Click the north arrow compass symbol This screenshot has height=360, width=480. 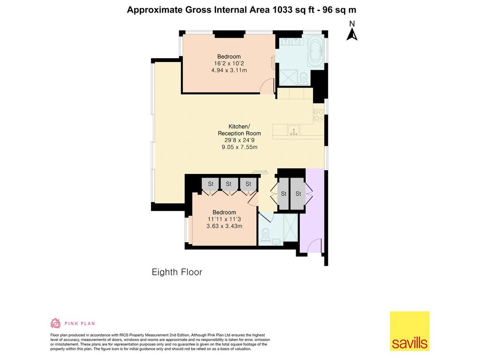(x=352, y=34)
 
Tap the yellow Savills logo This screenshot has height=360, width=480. (x=410, y=331)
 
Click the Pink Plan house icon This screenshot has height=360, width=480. (x=55, y=323)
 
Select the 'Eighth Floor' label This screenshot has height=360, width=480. (x=177, y=272)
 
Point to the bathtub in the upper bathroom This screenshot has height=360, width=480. (x=315, y=50)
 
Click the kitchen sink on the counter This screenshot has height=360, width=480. (x=293, y=130)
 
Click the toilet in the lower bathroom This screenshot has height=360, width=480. (x=265, y=234)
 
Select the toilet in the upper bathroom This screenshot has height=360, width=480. (x=304, y=78)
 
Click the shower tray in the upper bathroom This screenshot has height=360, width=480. (x=288, y=77)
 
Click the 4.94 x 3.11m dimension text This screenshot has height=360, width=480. (x=229, y=70)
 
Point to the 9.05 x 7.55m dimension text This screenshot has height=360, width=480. (x=240, y=147)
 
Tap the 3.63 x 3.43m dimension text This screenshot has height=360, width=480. (x=225, y=226)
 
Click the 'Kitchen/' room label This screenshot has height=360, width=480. (x=240, y=127)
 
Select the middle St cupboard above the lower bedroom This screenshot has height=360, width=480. (x=229, y=184)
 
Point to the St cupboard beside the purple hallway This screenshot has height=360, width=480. (x=298, y=194)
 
